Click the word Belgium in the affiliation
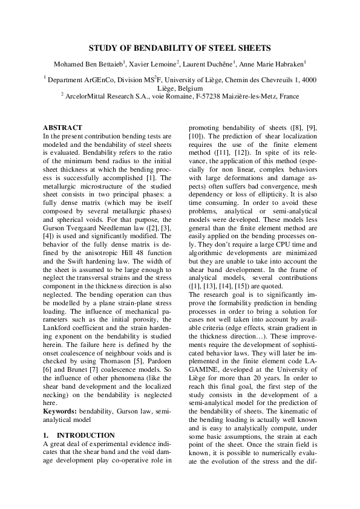click(x=191, y=88)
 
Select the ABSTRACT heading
click(x=62, y=128)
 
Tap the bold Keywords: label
click(x=60, y=410)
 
